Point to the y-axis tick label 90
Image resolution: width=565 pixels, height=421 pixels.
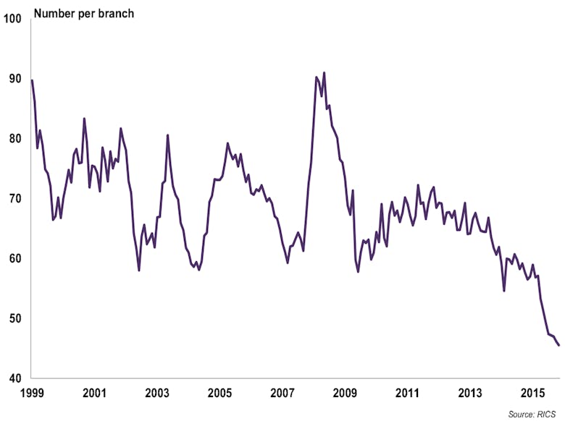coord(14,79)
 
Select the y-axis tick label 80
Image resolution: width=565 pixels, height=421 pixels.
coord(14,139)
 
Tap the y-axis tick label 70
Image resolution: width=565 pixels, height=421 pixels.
coord(14,199)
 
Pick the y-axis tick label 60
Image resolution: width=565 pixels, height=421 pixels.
coord(14,259)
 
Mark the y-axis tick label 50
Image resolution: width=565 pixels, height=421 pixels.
coord(14,319)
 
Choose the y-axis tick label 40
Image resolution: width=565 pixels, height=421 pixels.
coord(14,378)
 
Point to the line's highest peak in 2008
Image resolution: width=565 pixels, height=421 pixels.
coord(324,72)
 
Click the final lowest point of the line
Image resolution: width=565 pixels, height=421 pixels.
coord(558,345)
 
